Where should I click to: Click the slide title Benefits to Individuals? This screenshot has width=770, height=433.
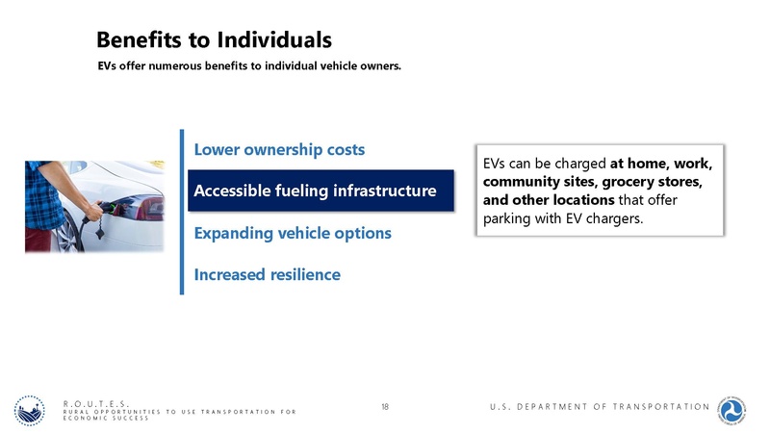pyautogui.click(x=214, y=39)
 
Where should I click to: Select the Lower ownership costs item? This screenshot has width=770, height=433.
pyautogui.click(x=279, y=150)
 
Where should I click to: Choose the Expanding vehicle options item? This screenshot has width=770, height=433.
pyautogui.click(x=293, y=234)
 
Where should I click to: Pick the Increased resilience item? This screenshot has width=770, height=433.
pyautogui.click(x=267, y=275)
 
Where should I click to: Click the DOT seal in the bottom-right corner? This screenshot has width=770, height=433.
pyautogui.click(x=737, y=408)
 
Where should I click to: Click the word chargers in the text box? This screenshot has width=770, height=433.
pyautogui.click(x=608, y=220)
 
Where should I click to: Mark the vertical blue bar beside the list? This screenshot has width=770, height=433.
pyautogui.click(x=181, y=212)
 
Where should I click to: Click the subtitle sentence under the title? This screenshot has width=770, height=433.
pyautogui.click(x=249, y=67)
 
